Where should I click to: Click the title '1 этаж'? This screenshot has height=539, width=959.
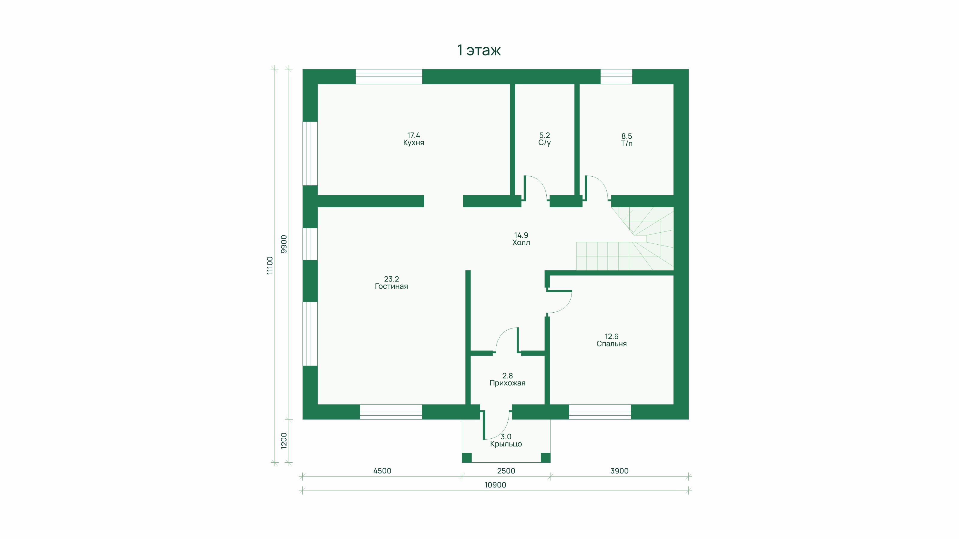pos(479,50)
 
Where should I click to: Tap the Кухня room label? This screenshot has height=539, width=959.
pos(414,143)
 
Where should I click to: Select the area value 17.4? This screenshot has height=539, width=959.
pos(414,135)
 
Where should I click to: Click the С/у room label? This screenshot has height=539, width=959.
pos(544,143)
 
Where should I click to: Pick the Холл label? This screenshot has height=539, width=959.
pos(521,243)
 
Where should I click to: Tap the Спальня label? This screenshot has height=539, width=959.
pos(611,344)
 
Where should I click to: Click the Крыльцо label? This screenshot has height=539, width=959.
pos(506,444)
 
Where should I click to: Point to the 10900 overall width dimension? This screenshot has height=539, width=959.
pos(495,485)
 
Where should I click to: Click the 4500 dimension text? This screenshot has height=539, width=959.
pos(382,471)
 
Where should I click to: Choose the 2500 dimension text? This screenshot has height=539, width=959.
pos(506,471)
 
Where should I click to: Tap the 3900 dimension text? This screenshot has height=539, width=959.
pos(619,471)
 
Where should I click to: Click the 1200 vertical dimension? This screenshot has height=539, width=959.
pos(284,441)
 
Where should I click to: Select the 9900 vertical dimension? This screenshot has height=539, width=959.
pos(284,244)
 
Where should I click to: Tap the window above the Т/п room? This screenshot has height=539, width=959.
pos(616,77)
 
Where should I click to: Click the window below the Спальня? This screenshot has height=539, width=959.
pos(600,412)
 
